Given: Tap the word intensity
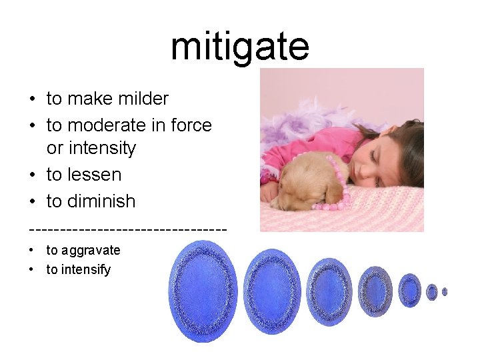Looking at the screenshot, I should (x=103, y=148).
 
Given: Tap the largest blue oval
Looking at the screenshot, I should (x=203, y=291).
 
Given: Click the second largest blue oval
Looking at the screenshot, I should (x=272, y=291).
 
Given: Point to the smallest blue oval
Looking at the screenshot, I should (x=445, y=291).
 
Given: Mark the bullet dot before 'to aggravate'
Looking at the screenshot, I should (x=32, y=251).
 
